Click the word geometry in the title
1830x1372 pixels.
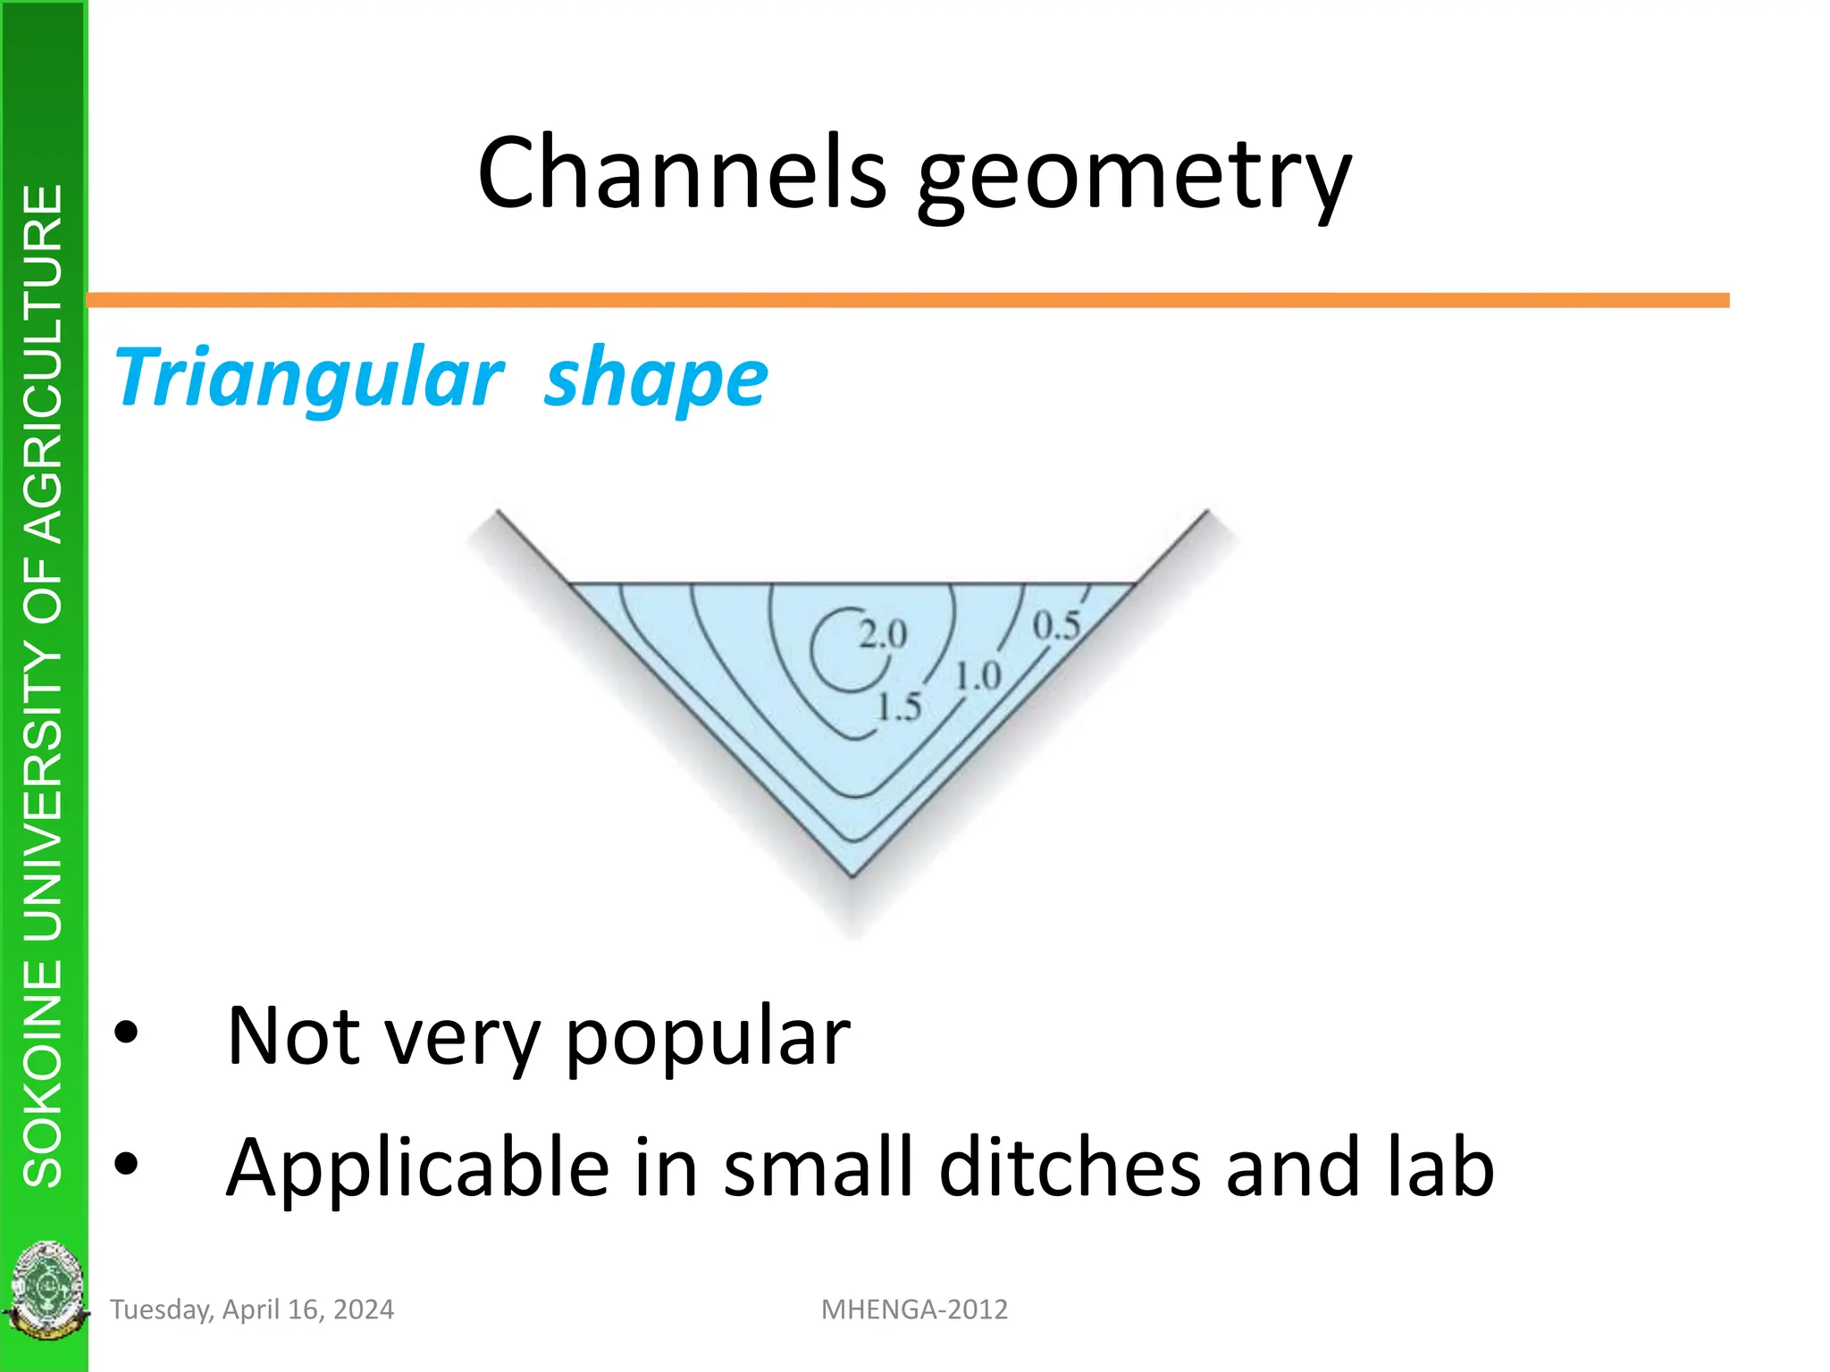(x=1135, y=179)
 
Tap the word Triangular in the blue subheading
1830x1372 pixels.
(x=309, y=379)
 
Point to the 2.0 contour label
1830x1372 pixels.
(x=883, y=634)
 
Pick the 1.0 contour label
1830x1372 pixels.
(x=978, y=676)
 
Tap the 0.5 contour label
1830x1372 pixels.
(x=1056, y=625)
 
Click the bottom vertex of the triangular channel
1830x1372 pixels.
(x=852, y=875)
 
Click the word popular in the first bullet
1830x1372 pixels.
(x=708, y=1038)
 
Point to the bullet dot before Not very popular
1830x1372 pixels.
(x=127, y=1033)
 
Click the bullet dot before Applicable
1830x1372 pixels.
(x=127, y=1163)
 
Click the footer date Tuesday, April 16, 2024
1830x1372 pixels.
(x=252, y=1309)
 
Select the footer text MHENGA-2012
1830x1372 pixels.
(x=914, y=1309)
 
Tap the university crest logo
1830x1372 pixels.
(x=45, y=1290)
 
